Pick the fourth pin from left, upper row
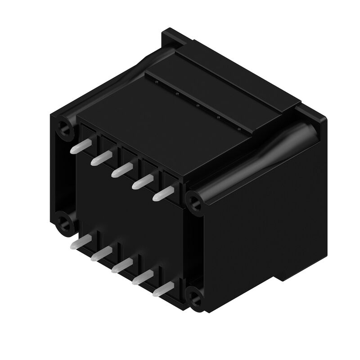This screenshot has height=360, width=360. (140, 182)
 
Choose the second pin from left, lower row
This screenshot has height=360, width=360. (99, 255)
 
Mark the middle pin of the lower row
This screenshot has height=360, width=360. (119, 267)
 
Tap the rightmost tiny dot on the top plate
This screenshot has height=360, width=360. (238, 130)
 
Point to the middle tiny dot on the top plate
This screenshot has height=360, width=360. (198, 105)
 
